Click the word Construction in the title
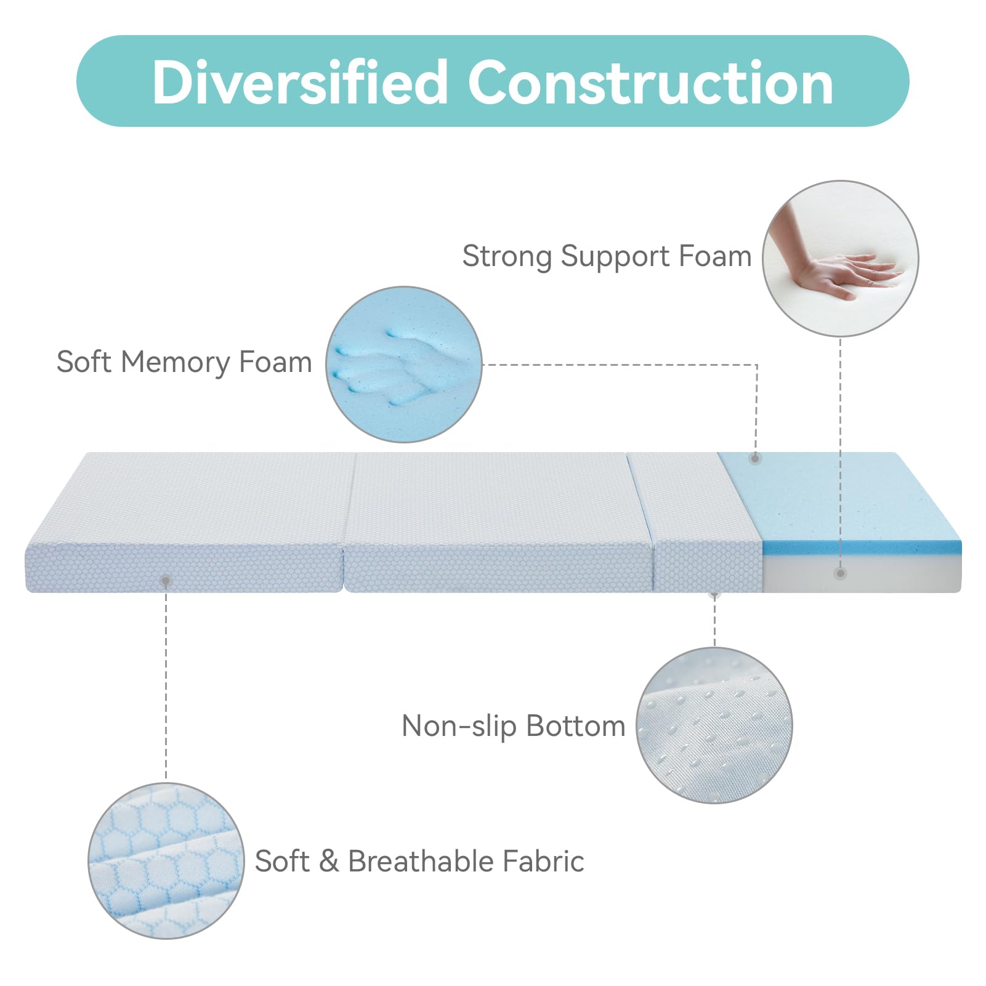[650, 83]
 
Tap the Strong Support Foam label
[607, 256]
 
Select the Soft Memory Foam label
[184, 362]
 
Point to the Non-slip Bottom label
[513, 726]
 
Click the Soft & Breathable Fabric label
[419, 861]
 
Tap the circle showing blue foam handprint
[403, 364]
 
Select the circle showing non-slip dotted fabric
[714, 725]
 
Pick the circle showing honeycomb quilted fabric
[166, 861]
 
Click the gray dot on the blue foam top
[756, 458]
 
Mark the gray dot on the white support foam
[840, 573]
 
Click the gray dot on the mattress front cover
[166, 580]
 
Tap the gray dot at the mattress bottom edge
[714, 594]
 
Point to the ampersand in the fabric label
[329, 861]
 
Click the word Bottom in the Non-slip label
[576, 726]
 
